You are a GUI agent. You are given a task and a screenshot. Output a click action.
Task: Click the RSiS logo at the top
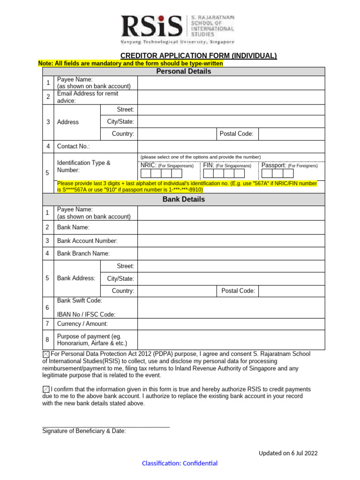tap(178, 28)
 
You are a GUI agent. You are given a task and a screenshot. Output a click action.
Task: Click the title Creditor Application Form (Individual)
tap(198, 56)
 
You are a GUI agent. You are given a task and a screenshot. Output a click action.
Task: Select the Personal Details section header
tap(183, 71)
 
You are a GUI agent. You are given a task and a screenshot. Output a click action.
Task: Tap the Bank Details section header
tap(183, 199)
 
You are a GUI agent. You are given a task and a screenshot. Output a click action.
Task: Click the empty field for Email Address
tap(231, 97)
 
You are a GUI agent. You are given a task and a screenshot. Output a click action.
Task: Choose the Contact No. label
tap(73, 147)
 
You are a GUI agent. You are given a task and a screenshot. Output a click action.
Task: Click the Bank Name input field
tap(231, 227)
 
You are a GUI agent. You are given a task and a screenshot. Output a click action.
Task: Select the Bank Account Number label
tap(87, 241)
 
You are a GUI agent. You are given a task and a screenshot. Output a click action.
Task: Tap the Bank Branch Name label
tap(83, 254)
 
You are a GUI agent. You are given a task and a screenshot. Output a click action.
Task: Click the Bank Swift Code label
tap(80, 300)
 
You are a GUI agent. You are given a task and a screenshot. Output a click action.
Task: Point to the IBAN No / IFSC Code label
tap(86, 315)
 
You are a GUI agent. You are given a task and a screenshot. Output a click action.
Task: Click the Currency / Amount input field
tap(231, 324)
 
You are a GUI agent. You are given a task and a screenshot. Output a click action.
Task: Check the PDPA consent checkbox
tap(45, 354)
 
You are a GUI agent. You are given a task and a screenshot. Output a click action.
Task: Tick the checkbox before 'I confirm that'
tap(45, 389)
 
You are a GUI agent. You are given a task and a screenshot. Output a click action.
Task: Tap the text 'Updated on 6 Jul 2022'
tap(288, 453)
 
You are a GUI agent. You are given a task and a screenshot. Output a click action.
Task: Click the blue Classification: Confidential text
tap(180, 464)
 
